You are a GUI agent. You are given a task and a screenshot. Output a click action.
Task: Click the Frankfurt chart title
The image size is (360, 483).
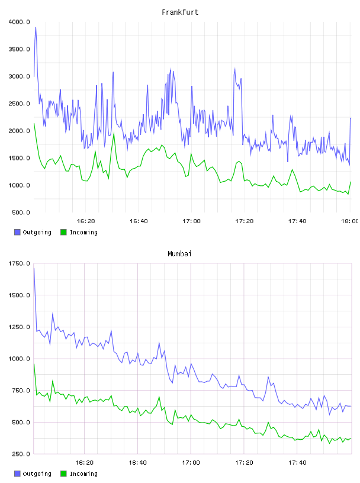coord(180,12)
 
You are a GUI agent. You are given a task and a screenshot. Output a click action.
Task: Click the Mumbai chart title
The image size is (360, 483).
coord(179,254)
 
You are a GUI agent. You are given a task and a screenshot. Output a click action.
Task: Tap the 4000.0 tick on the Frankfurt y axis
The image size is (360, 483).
coord(20,22)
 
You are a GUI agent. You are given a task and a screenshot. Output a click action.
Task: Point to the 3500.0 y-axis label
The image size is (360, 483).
coord(20,49)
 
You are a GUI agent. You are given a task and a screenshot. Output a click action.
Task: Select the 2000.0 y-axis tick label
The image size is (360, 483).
coord(20,131)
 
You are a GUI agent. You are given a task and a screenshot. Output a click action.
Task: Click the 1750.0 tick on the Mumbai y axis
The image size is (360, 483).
coord(20,263)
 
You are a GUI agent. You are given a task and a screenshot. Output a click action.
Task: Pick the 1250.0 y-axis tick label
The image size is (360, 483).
coord(20,327)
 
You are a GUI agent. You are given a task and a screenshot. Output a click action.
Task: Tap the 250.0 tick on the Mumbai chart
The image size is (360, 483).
coord(21,454)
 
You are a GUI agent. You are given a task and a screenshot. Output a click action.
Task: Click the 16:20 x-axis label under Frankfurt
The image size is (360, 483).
coord(86,221)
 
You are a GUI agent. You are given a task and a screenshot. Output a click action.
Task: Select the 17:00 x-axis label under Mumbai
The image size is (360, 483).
coord(191,463)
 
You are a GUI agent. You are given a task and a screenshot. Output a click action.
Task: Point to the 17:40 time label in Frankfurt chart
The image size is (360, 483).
coord(297,221)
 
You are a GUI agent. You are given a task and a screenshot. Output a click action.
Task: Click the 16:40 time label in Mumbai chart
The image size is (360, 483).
coord(137,463)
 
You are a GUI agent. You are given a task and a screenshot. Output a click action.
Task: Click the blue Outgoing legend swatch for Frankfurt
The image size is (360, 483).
coord(17,232)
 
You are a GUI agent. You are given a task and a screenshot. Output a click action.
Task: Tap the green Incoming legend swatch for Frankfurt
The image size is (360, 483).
coord(63,232)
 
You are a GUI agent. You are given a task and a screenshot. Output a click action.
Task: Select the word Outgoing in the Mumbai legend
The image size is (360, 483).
coord(37,474)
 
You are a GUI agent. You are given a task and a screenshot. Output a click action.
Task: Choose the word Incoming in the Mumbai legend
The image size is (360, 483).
coord(83,474)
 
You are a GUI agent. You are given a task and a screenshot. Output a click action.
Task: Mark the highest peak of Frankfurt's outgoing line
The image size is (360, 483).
coord(36,27)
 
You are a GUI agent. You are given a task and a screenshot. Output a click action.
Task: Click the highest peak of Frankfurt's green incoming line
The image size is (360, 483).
coord(114,133)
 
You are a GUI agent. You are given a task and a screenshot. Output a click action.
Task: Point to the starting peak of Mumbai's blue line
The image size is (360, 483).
coord(34,268)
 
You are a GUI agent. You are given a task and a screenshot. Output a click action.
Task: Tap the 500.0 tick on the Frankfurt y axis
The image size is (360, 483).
coord(21,212)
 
